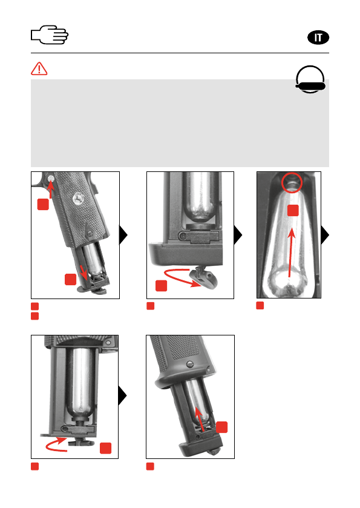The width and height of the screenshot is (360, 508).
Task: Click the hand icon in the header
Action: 50,35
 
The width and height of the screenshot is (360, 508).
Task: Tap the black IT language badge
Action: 318,38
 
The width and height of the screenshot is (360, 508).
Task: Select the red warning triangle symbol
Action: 39,68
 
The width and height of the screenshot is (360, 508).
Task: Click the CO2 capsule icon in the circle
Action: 310,80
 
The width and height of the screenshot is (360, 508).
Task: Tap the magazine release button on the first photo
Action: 51,178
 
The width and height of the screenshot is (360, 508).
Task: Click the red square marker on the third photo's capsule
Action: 293,210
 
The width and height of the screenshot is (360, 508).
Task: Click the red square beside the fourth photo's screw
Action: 105,448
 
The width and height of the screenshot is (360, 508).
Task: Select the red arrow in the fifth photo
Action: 200,418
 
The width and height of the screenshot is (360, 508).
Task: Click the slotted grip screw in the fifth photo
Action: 190,365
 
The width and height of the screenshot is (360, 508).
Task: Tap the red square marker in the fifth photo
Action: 222,427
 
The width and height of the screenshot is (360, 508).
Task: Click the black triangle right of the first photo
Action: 123,235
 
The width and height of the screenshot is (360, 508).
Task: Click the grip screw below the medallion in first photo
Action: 90,233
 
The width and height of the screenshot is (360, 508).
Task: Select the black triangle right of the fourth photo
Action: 122,395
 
